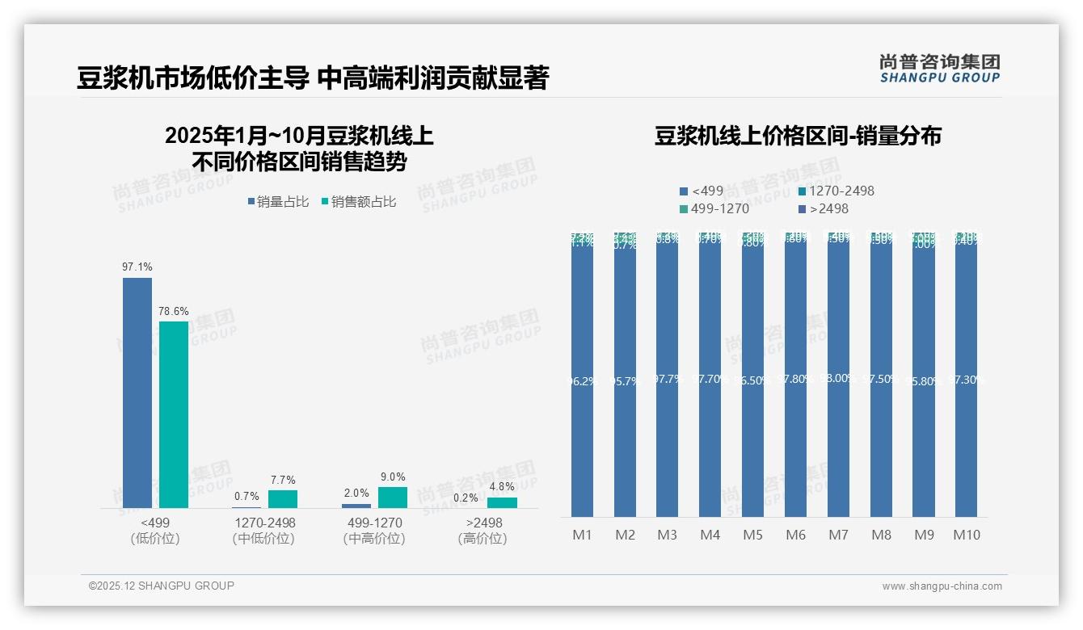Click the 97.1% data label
click(137, 267)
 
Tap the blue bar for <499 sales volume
click(137, 393)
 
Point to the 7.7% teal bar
click(283, 499)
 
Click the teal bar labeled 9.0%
click(393, 498)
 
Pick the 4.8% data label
click(502, 487)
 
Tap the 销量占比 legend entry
click(278, 202)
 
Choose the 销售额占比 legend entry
click(359, 202)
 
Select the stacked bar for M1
click(582, 376)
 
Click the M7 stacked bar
click(838, 376)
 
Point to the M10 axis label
click(967, 535)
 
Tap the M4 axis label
click(710, 535)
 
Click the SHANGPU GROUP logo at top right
click(939, 68)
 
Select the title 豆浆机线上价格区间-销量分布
click(798, 136)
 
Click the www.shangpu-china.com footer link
click(942, 586)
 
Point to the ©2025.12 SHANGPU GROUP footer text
click(162, 586)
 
